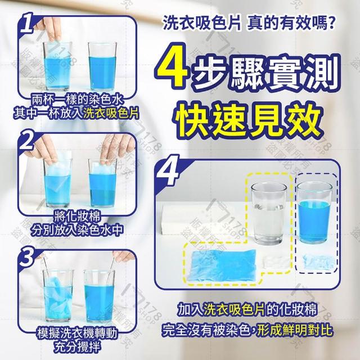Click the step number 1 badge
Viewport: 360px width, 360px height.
coord(28,23)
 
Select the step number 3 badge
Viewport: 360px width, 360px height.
coord(26,256)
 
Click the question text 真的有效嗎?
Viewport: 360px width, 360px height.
coord(290,24)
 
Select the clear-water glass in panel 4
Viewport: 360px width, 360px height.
coord(269,213)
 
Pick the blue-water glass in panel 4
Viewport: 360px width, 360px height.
coord(314,213)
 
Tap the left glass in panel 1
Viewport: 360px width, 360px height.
coord(57,66)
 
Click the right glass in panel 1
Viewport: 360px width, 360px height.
coord(102,66)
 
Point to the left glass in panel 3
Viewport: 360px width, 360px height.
coord(58,296)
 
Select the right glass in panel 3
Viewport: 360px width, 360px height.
coord(99,296)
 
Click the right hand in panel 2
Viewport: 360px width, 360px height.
coord(117,148)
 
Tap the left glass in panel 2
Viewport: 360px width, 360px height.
coord(57,182)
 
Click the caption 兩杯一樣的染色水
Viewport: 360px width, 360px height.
coord(77,100)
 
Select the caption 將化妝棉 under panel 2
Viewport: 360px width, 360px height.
coord(77,217)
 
